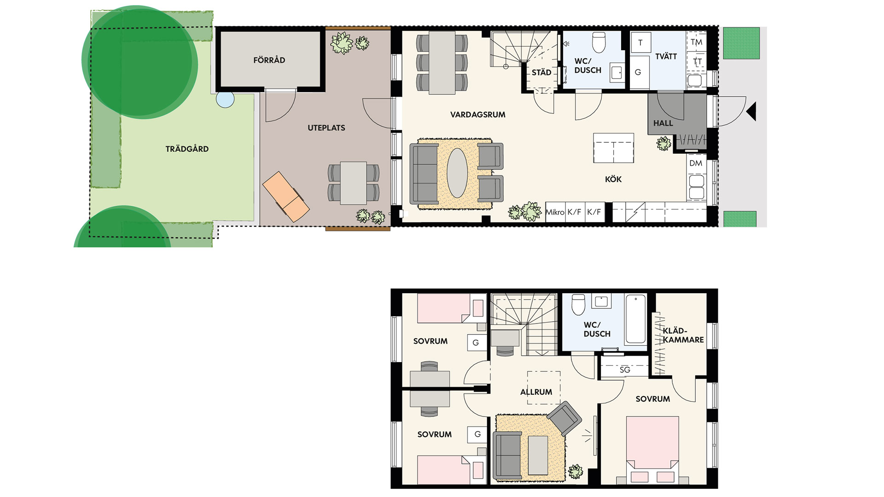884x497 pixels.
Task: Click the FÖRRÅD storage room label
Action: point(269,60)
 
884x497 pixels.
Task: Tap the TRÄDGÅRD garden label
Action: point(187,149)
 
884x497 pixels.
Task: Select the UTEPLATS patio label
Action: point(326,128)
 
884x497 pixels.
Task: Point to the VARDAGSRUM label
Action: point(478,115)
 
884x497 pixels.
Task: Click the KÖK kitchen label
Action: point(613,179)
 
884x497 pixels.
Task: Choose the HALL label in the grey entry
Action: point(663,123)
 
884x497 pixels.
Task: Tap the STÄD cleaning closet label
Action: point(541,72)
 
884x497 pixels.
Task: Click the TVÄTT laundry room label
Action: point(666,56)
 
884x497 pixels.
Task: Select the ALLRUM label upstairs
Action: point(536,392)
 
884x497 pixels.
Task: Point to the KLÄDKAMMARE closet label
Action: point(683,335)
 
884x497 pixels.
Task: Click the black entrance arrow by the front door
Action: point(751,111)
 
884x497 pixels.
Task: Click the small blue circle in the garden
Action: point(225,99)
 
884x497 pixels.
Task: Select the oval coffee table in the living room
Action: point(457,173)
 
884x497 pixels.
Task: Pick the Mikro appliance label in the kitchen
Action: point(555,212)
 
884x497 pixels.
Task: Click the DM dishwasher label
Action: point(696,163)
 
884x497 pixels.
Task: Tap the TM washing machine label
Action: point(697,42)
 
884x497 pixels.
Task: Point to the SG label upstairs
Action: point(625,370)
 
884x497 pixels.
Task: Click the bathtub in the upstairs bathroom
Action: point(635,319)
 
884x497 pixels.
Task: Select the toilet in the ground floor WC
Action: point(599,42)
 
